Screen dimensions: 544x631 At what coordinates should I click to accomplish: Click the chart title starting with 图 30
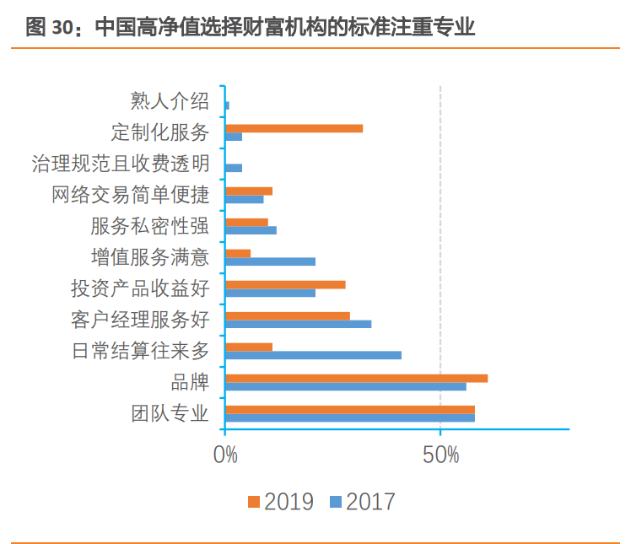251,27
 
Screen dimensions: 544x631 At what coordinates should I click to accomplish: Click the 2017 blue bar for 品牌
346,386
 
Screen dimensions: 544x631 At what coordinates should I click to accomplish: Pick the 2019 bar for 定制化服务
294,128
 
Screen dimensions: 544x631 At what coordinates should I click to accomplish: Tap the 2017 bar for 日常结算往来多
313,355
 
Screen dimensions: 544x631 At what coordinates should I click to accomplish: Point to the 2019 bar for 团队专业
350,409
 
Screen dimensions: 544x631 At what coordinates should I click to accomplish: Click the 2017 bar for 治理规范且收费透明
234,168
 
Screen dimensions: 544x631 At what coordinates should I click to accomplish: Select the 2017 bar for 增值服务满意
270,261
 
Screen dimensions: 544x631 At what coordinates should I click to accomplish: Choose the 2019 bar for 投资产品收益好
285,284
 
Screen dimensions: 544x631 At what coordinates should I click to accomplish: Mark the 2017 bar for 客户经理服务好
298,324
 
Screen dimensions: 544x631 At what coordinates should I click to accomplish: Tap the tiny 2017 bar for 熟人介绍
227,105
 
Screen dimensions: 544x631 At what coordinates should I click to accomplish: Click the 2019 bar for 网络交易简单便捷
249,191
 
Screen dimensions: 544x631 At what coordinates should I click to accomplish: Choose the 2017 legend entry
362,502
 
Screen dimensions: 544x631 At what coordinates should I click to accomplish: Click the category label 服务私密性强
149,226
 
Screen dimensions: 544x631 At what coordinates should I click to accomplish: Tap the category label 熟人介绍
170,101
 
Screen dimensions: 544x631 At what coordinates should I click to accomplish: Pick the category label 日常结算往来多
140,351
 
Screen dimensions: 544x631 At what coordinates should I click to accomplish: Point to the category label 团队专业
170,413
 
